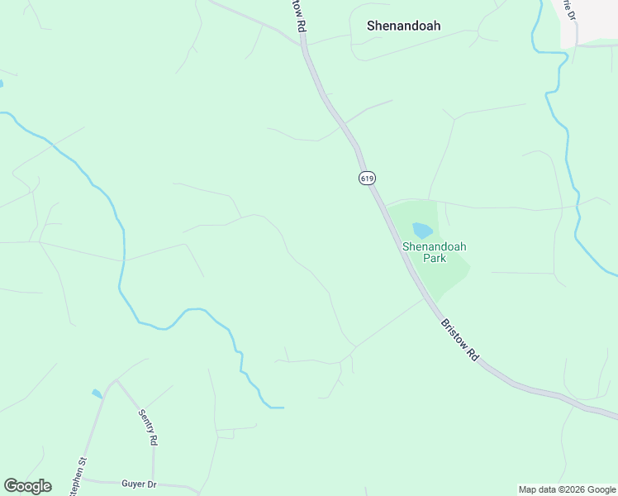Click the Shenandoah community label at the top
coord(403,26)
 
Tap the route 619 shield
coord(367,178)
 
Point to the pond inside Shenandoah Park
coord(422,230)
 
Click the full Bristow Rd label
coord(459,339)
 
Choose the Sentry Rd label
coord(147,427)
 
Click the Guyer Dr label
coord(139,484)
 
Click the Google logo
coord(27,486)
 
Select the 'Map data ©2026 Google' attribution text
coord(568,489)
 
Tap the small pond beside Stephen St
coord(97,393)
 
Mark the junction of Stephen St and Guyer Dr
coord(83,479)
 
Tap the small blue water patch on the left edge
coord(1,83)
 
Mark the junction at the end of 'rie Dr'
coord(576,45)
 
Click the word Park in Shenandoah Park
coord(435,258)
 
